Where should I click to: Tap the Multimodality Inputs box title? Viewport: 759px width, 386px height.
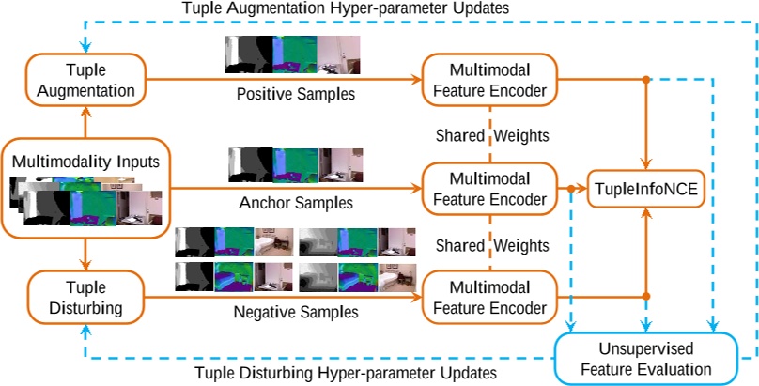tap(85, 162)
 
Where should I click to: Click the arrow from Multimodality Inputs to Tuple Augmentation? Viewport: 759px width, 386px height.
tap(85, 123)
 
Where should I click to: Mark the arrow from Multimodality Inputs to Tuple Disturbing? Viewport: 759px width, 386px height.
tap(85, 253)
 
